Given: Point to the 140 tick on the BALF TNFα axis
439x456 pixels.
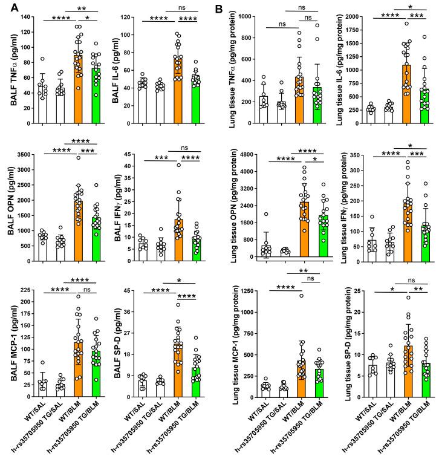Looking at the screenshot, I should (25, 17).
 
